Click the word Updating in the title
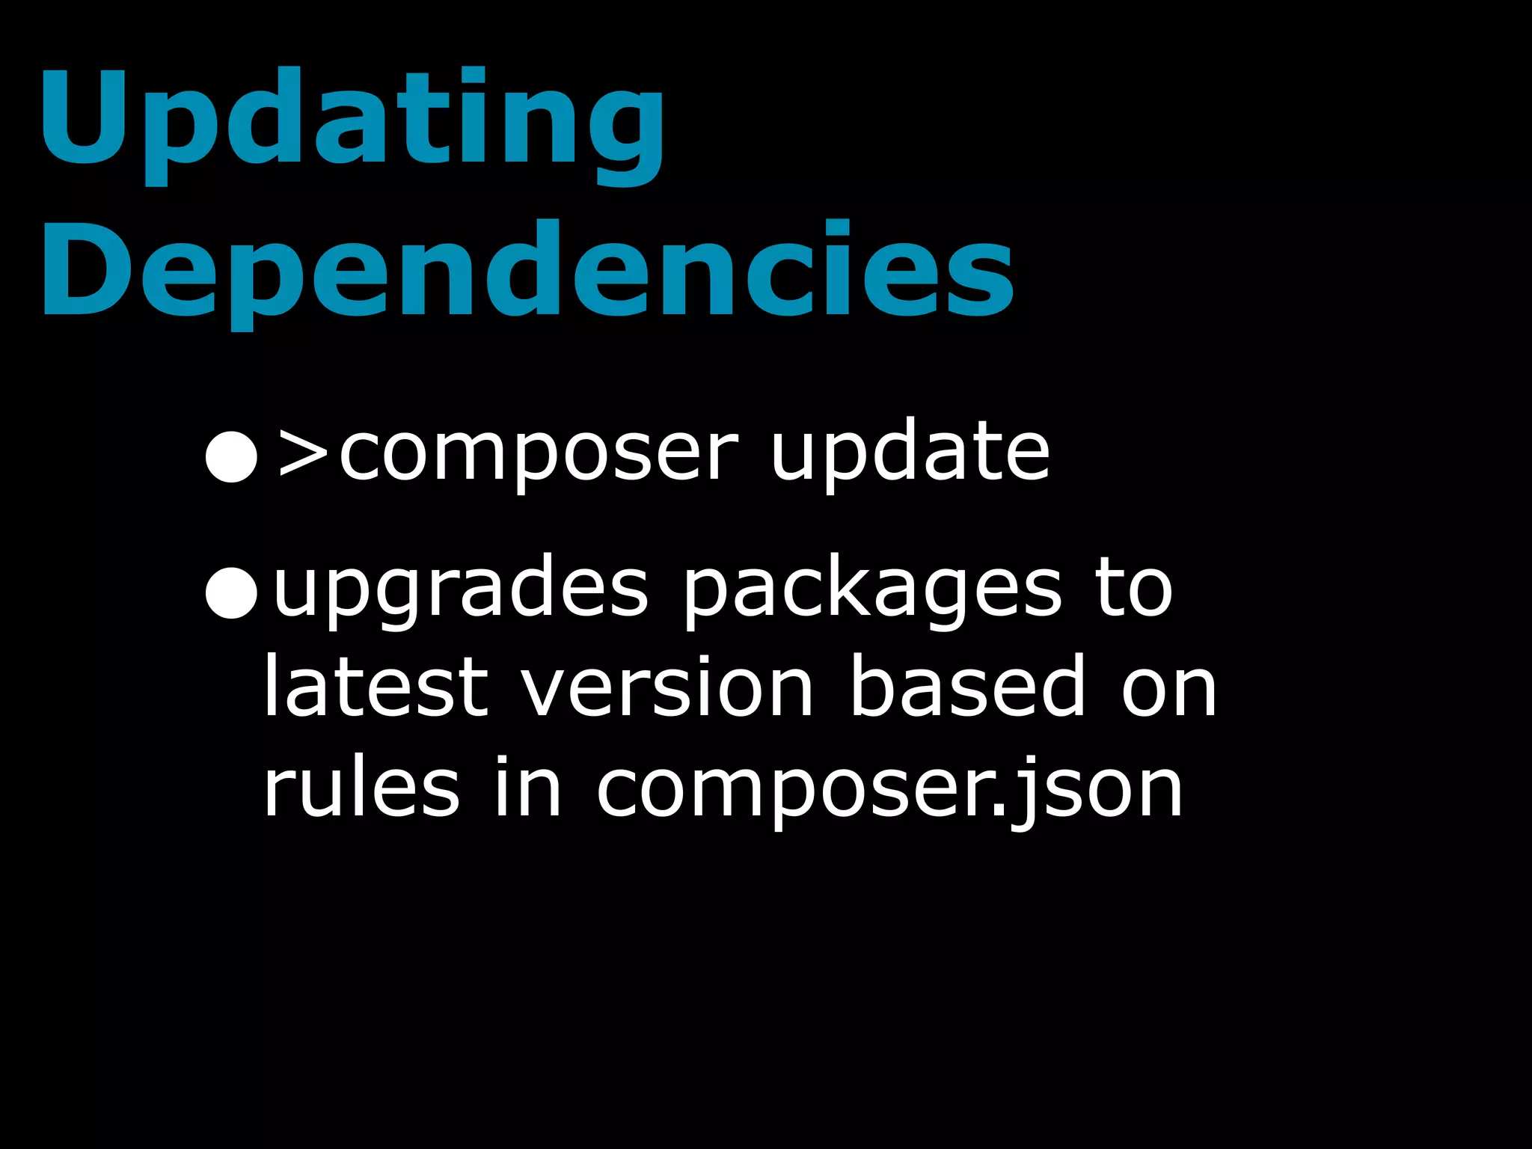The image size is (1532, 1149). click(352, 120)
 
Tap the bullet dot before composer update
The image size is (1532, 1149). click(232, 456)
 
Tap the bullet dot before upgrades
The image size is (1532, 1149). click(232, 592)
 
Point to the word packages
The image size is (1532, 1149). click(872, 592)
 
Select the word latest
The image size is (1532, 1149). click(376, 687)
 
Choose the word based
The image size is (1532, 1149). click(968, 687)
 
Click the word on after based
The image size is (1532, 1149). click(1168, 692)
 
